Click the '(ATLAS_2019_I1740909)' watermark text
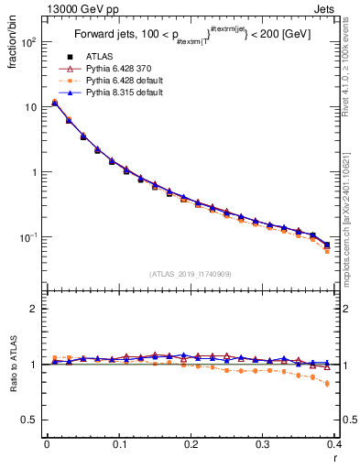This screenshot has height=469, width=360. pyautogui.click(x=191, y=274)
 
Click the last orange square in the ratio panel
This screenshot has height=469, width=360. pyautogui.click(x=327, y=384)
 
